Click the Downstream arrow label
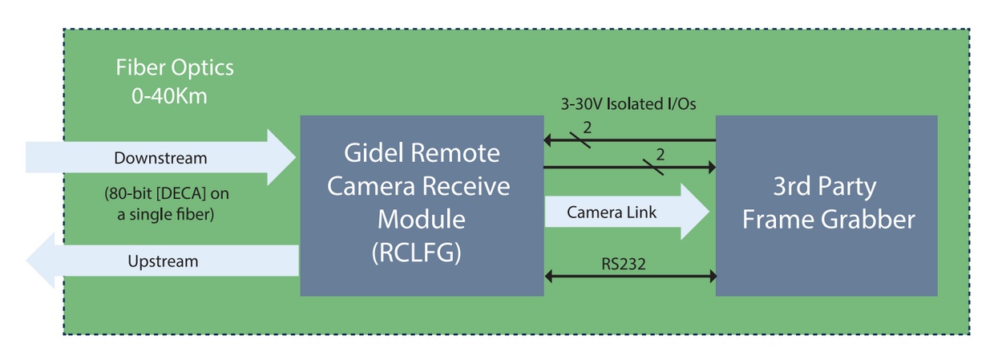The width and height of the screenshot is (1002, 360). tap(160, 158)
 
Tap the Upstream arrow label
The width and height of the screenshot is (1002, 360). tap(163, 261)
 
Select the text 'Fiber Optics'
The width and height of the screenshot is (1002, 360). tap(175, 67)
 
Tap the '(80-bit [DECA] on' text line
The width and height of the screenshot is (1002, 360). tap(172, 194)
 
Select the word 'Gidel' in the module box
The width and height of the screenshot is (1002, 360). tap(375, 152)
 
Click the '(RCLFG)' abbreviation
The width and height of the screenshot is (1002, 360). tap(417, 253)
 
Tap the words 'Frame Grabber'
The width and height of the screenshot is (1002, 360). tap(828, 219)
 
